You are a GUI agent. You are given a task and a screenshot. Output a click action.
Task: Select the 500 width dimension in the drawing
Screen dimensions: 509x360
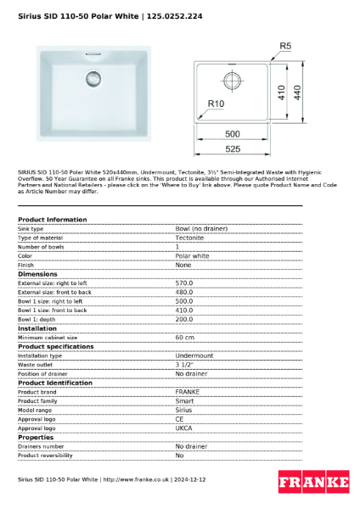tap(233, 134)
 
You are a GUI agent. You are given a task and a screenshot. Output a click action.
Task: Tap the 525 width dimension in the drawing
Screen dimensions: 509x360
tap(233, 149)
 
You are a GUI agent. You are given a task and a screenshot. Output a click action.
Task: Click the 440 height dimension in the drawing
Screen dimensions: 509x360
tap(297, 91)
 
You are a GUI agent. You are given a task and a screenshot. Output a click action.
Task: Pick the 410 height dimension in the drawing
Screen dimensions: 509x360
tap(280, 91)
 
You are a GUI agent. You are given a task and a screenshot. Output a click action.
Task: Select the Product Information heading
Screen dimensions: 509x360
tap(53, 220)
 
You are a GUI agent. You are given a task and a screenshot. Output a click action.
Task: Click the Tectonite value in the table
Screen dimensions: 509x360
tap(189, 238)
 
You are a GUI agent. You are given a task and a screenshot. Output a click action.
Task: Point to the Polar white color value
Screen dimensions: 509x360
tap(192, 255)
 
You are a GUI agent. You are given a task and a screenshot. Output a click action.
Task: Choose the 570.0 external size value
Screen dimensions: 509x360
tap(184, 282)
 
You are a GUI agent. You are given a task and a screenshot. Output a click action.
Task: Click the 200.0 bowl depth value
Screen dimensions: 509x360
tap(184, 319)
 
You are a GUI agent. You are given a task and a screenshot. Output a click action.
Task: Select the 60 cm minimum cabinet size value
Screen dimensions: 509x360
tap(185, 337)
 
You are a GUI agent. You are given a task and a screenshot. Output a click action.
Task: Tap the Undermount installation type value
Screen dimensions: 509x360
tap(194, 355)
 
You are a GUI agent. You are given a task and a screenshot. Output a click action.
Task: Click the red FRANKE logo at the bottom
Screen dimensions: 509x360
tap(313, 483)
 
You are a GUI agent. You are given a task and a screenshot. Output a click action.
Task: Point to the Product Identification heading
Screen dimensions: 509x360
tap(56, 383)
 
